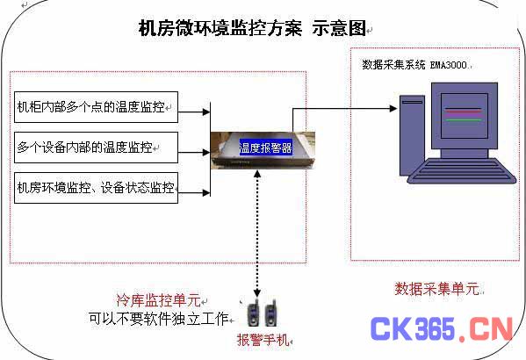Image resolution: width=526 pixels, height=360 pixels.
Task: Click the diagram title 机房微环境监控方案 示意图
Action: pyautogui.click(x=252, y=28)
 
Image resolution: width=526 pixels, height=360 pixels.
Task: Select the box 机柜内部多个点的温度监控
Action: pyautogui.click(x=96, y=107)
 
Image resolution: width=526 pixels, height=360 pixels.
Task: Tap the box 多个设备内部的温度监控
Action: pyautogui.click(x=96, y=148)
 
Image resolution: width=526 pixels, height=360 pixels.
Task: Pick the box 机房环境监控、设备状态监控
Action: pyautogui.click(x=96, y=188)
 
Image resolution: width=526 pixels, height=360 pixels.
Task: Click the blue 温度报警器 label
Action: pyautogui.click(x=265, y=148)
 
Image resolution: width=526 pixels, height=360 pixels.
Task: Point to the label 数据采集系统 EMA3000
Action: pyautogui.click(x=415, y=65)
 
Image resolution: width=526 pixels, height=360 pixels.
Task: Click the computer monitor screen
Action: pyautogui.click(x=465, y=116)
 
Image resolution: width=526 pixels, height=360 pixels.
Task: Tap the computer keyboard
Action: pyautogui.click(x=462, y=171)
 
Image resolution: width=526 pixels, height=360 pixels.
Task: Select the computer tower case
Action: pyautogui.click(x=412, y=135)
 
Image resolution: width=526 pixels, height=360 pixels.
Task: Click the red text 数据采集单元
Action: pyautogui.click(x=437, y=289)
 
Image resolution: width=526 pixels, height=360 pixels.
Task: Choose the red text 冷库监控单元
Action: pyautogui.click(x=159, y=300)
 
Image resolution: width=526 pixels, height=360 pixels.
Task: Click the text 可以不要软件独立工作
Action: pyautogui.click(x=159, y=319)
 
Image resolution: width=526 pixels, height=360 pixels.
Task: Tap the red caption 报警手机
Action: pyautogui.click(x=263, y=340)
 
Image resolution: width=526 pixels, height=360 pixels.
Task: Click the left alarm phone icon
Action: pyautogui.click(x=254, y=313)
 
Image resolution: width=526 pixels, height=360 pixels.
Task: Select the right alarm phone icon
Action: pyautogui.click(x=271, y=313)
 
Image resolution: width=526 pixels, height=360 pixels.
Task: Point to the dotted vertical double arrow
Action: pyautogui.click(x=257, y=234)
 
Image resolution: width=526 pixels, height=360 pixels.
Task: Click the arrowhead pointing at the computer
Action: pyautogui.click(x=393, y=108)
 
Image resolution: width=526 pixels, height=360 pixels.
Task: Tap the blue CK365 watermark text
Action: pyautogui.click(x=413, y=328)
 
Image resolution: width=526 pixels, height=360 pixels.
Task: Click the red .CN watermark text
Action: pyautogui.click(x=486, y=329)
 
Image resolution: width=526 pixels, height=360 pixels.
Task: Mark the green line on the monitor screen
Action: pyautogui.click(x=464, y=119)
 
